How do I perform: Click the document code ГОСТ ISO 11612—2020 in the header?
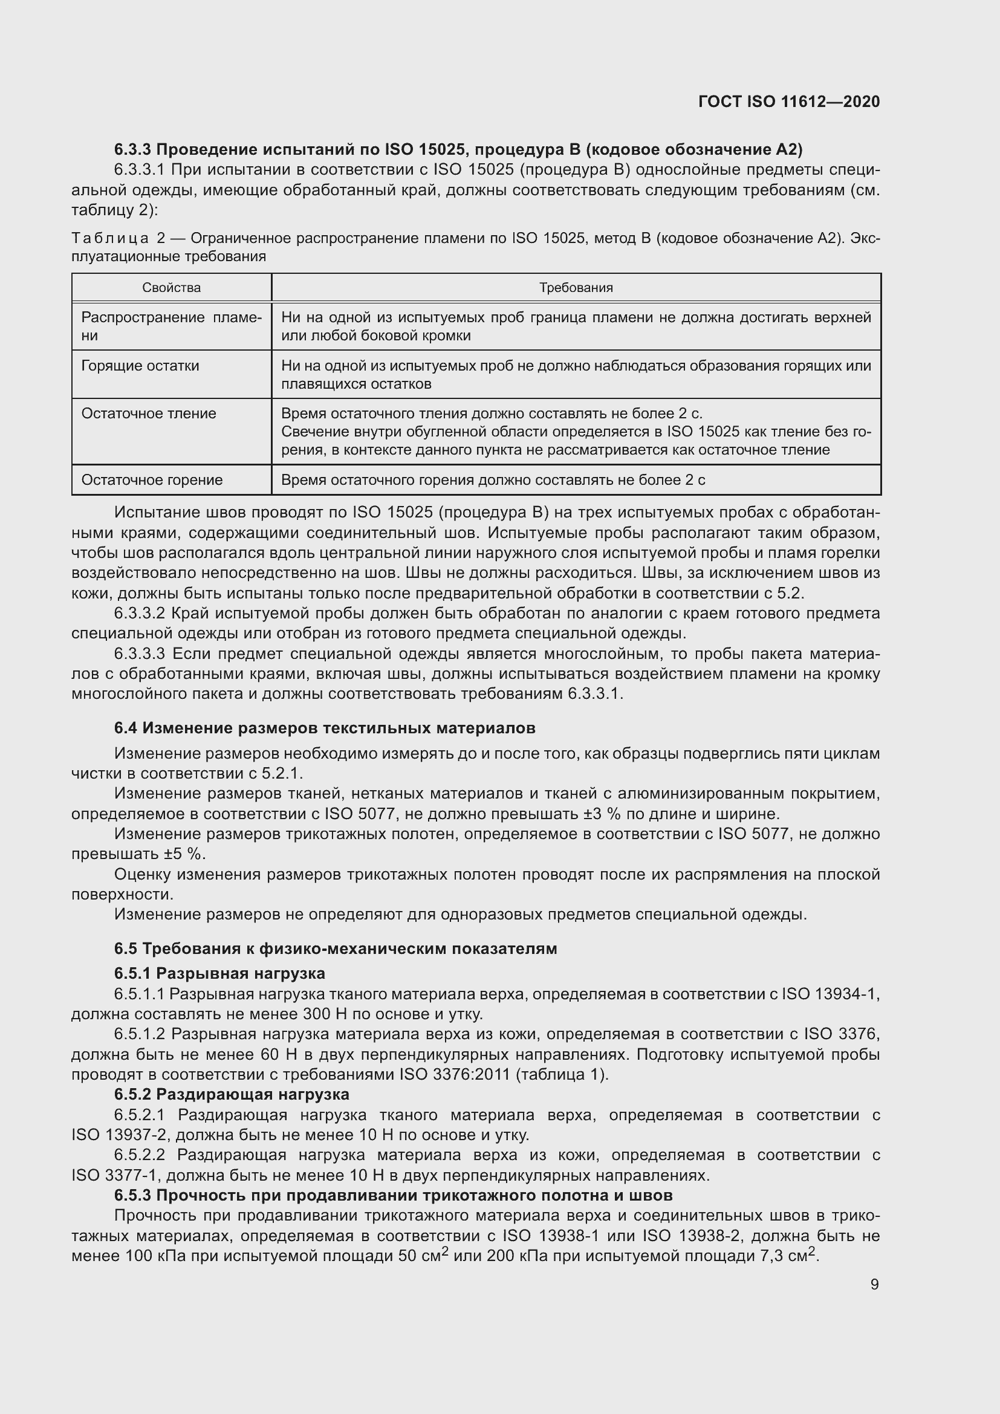(x=789, y=102)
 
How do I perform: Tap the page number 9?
(x=874, y=1284)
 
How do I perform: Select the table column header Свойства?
(x=171, y=288)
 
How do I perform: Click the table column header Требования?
(x=576, y=288)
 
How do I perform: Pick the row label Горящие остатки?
(x=140, y=366)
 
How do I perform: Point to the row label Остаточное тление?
(x=148, y=413)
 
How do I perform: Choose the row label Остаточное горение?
(x=152, y=480)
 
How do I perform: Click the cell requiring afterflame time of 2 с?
(x=493, y=480)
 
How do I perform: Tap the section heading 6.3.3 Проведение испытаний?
(x=458, y=149)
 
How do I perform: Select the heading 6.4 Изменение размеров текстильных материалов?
(x=325, y=728)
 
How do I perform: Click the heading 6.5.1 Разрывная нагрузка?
(x=219, y=973)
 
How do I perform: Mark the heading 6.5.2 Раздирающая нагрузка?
(x=232, y=1094)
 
